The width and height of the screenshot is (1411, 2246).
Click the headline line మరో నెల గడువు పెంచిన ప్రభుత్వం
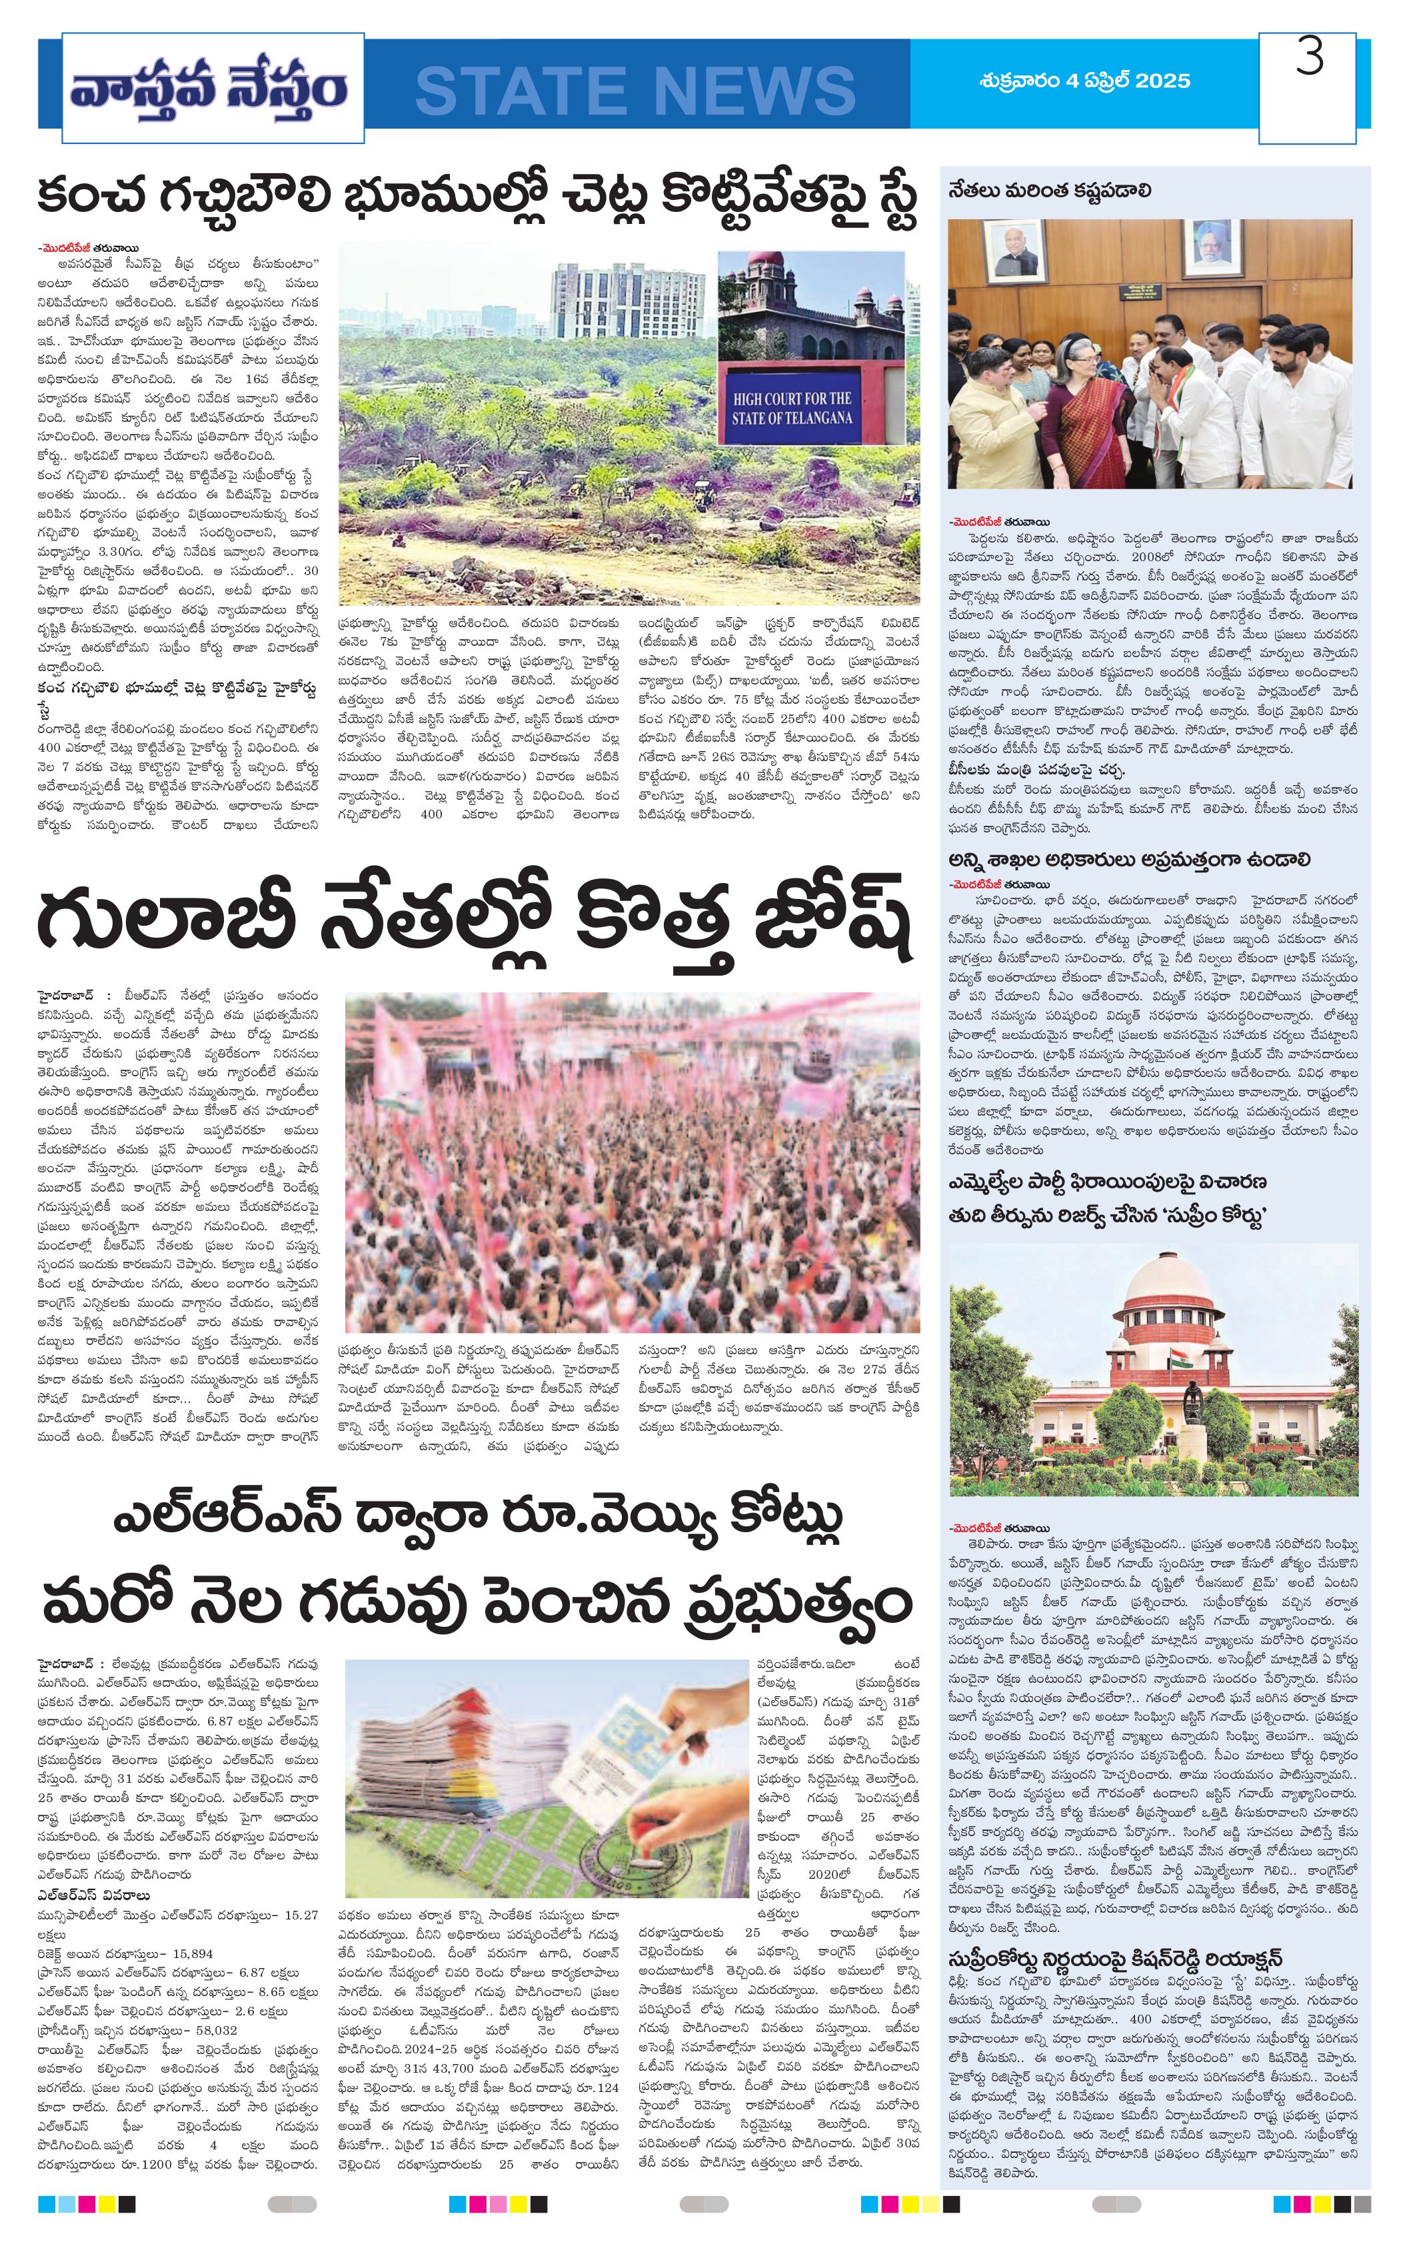tap(476, 1604)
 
